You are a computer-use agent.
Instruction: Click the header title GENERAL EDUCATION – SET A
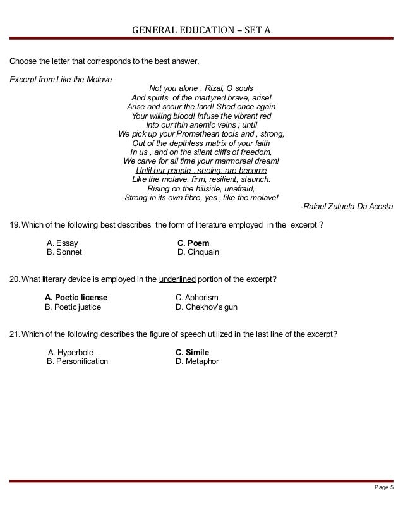pyautogui.click(x=201, y=29)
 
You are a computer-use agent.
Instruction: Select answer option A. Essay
pyautogui.click(x=63, y=243)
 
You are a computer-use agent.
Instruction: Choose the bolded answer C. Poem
pyautogui.click(x=193, y=243)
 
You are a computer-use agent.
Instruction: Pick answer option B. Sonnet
pyautogui.click(x=64, y=252)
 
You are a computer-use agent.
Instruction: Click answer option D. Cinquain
pyautogui.click(x=198, y=252)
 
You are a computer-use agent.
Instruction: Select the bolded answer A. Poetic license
pyautogui.click(x=76, y=298)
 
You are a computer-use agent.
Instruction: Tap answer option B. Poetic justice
pyautogui.click(x=73, y=307)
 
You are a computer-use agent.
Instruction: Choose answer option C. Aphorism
pyautogui.click(x=197, y=298)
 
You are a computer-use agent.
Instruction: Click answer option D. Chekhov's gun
pyautogui.click(x=207, y=307)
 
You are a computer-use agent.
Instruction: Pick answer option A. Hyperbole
pyautogui.click(x=68, y=353)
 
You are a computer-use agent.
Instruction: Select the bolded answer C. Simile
pyautogui.click(x=192, y=353)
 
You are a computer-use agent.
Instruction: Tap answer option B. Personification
pyautogui.click(x=77, y=362)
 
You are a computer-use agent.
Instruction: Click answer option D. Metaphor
pyautogui.click(x=197, y=362)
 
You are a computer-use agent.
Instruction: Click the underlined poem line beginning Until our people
pyautogui.click(x=201, y=170)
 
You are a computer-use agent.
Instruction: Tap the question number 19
pyautogui.click(x=15, y=224)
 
